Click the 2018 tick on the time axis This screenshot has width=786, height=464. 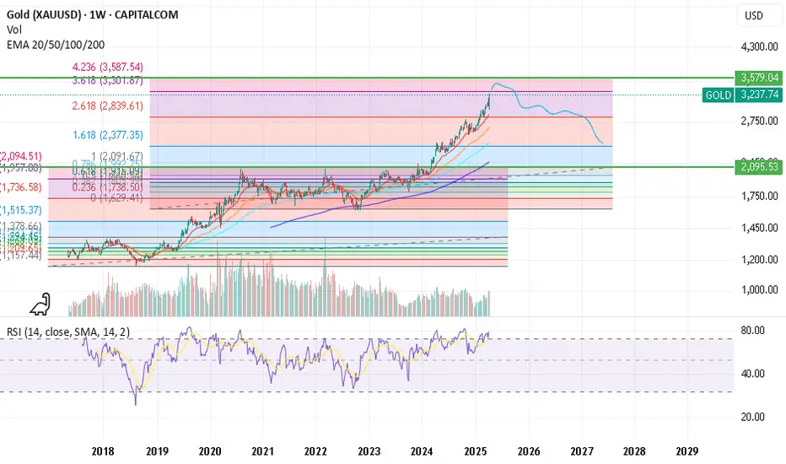pos(103,451)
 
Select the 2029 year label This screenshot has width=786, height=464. pos(687,451)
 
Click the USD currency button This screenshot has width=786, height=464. pos(752,16)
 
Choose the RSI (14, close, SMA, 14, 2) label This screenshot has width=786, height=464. pos(68,332)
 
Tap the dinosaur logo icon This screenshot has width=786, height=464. pos(39,303)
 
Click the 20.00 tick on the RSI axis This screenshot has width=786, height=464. pos(752,417)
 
